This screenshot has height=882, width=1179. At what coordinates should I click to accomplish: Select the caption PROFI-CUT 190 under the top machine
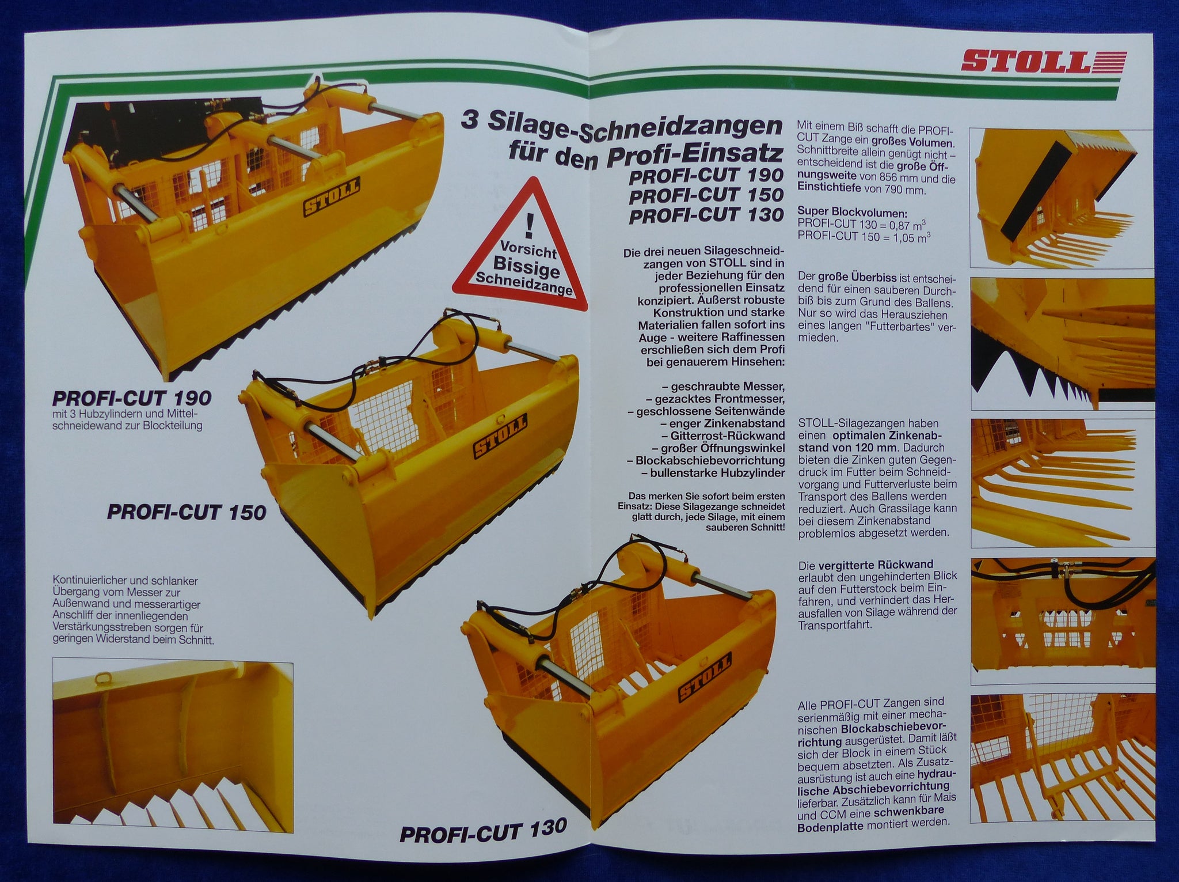pyautogui.click(x=132, y=398)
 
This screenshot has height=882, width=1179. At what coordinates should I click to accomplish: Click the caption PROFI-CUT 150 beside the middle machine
pyautogui.click(x=187, y=512)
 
